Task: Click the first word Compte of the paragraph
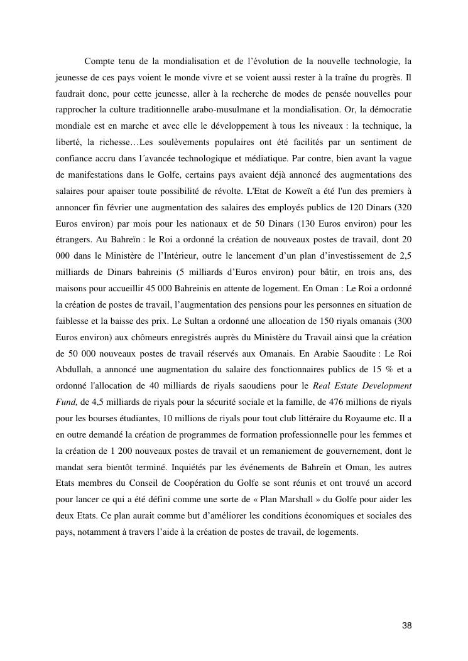101,61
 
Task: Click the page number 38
406,626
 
